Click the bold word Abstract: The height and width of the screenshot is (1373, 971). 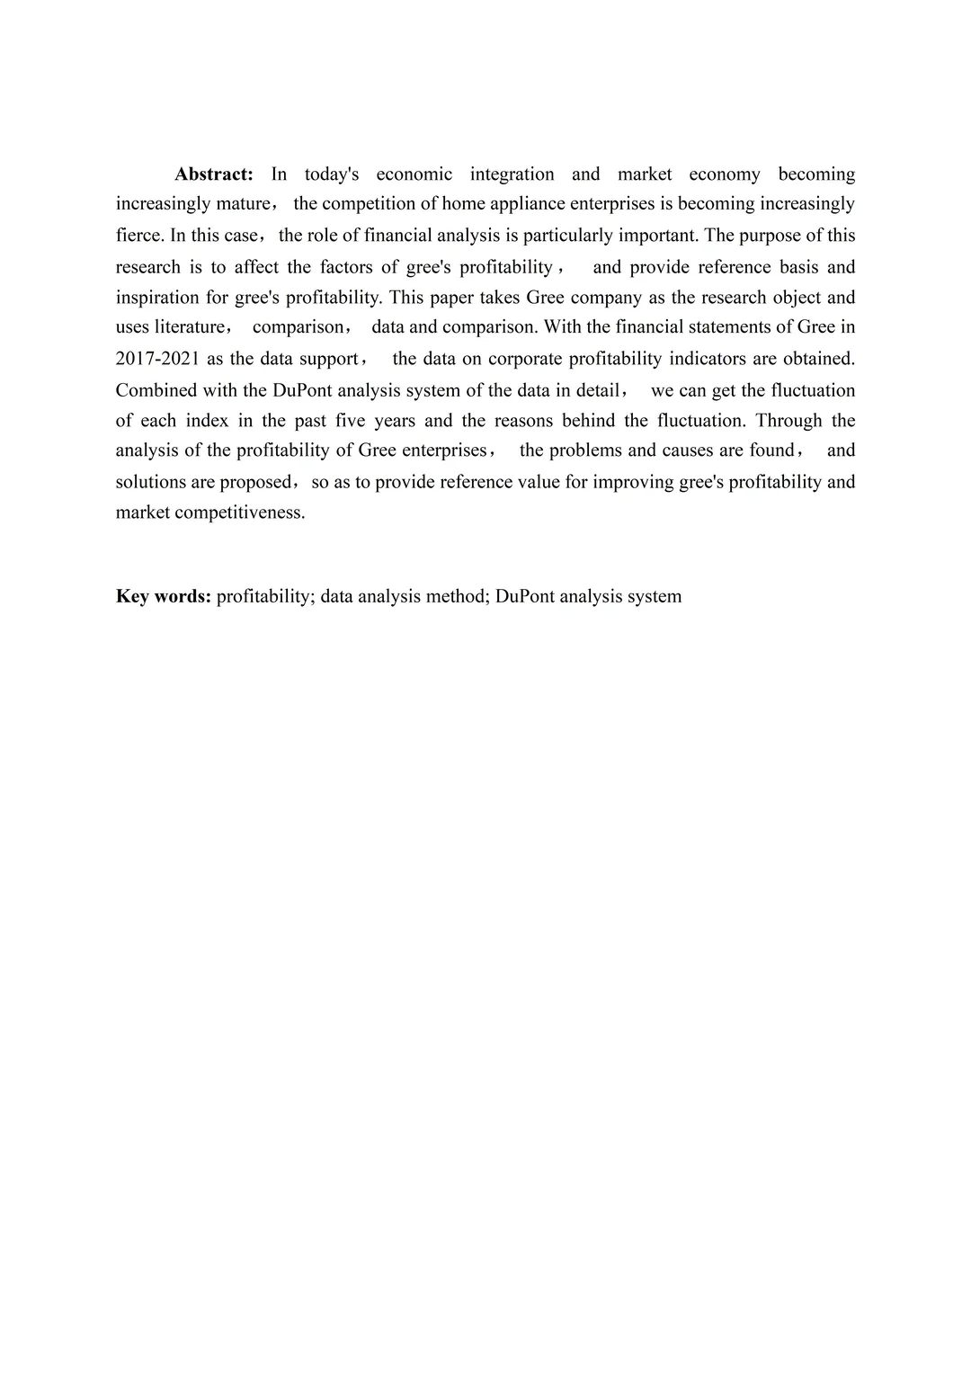point(214,174)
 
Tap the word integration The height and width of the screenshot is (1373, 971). point(512,174)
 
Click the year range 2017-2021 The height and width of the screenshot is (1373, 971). point(157,359)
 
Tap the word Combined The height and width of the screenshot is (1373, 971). point(150,390)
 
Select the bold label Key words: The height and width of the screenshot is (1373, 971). point(164,596)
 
